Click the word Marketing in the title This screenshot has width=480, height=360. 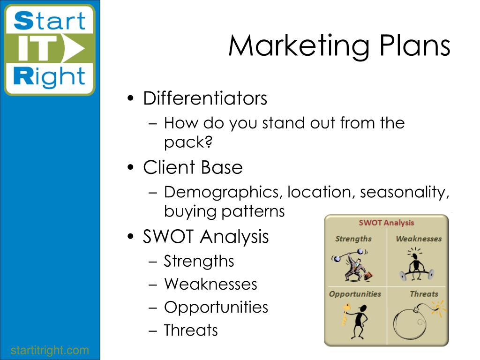tap(299, 46)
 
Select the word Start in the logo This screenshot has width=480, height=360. tap(50, 21)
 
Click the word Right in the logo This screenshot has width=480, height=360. tap(49, 76)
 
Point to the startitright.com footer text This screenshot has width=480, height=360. tap(50, 350)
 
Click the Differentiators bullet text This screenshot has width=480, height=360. tap(205, 98)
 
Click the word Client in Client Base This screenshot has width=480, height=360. tap(169, 167)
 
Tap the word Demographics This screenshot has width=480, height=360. tap(222, 193)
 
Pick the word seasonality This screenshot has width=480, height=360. tap(404, 193)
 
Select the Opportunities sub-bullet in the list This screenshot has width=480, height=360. tap(216, 307)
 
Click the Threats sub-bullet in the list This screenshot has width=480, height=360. tap(191, 330)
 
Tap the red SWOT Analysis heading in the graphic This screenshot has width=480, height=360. tap(386, 223)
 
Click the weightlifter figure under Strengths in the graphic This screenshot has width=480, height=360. tap(352, 265)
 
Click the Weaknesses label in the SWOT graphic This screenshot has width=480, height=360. tap(419, 239)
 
